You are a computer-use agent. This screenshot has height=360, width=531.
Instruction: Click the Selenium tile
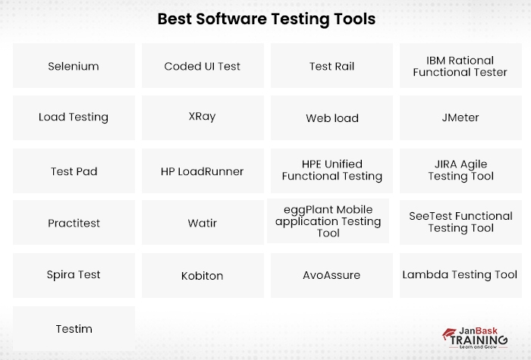tap(74, 66)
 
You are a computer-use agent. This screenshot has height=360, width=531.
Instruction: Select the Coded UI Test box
tap(203, 66)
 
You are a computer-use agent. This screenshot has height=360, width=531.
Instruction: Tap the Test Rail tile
tap(331, 66)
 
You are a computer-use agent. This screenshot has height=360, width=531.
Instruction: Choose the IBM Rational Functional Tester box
tap(460, 66)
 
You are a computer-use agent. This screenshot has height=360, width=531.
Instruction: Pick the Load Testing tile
tap(74, 117)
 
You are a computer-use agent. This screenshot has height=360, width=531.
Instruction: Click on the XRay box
tap(203, 117)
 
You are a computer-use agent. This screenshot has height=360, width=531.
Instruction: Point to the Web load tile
tap(331, 118)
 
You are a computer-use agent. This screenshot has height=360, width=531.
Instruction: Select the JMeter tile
tap(460, 117)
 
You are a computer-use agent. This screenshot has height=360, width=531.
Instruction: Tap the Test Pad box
tap(74, 171)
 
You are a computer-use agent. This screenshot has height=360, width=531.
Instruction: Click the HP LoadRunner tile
tap(203, 171)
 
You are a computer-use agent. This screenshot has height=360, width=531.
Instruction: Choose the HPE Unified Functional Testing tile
tap(331, 171)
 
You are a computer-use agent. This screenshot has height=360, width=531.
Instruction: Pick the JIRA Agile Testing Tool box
tap(460, 171)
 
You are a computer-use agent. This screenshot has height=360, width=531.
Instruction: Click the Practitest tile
tap(74, 223)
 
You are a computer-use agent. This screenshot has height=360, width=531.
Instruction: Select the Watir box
tap(203, 223)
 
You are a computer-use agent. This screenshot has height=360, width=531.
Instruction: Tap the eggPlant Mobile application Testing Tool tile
tap(328, 221)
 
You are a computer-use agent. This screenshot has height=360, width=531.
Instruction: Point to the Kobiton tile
tap(203, 275)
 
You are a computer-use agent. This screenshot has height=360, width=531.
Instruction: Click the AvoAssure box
tap(331, 275)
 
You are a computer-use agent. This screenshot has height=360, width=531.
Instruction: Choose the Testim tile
tap(74, 328)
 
